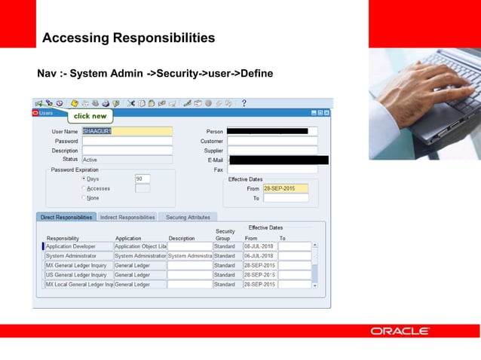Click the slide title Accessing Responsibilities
click(x=128, y=38)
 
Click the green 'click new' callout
click(x=90, y=117)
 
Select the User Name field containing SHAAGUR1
click(x=127, y=132)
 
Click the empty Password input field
click(x=127, y=141)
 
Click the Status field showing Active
click(x=127, y=160)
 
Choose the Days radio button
click(x=84, y=179)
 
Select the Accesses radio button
click(x=84, y=188)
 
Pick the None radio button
click(x=84, y=198)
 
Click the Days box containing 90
click(x=142, y=179)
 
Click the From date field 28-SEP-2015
click(x=285, y=188)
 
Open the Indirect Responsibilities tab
click(x=127, y=217)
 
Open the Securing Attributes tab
click(x=188, y=217)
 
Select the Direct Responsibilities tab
click(x=66, y=217)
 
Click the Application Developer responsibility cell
click(x=78, y=246)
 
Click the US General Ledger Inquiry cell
click(x=78, y=275)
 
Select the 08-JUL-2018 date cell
click(x=259, y=246)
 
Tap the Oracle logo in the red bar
click(x=400, y=331)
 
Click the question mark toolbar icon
click(x=244, y=103)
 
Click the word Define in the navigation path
click(x=256, y=74)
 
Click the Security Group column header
click(x=225, y=235)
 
